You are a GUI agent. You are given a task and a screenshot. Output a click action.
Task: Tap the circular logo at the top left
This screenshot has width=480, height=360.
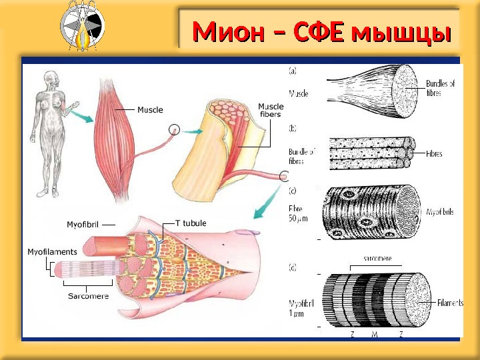[x=81, y=26]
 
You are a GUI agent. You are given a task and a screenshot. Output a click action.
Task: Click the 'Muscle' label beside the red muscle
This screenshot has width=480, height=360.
[x=150, y=109]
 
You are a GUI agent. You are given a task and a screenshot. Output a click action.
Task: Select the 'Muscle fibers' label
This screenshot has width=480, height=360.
[x=270, y=110]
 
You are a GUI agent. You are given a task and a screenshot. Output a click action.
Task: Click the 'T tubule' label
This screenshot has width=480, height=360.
[x=191, y=223]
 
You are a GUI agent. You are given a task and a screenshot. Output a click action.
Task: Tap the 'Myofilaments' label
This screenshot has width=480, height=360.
[x=52, y=252]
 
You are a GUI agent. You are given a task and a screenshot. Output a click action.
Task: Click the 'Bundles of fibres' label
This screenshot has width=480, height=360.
[x=441, y=88]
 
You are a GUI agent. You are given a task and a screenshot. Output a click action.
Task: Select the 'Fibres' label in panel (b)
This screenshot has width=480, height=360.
[x=435, y=153]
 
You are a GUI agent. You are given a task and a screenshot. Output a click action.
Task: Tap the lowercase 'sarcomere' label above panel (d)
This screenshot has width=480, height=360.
[x=377, y=257]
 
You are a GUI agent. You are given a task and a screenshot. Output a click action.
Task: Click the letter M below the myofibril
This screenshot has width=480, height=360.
[x=375, y=335]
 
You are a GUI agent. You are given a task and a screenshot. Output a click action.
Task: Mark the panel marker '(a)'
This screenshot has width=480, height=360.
[x=293, y=69]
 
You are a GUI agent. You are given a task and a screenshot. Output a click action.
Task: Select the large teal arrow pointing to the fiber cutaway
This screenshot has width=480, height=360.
[x=267, y=201]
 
